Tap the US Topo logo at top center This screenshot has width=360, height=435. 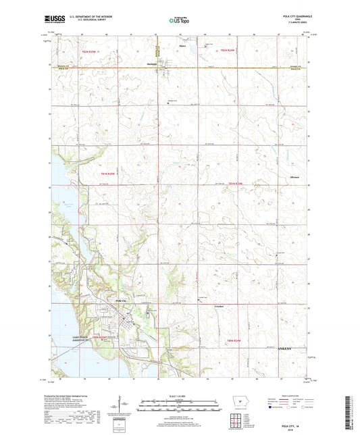177,20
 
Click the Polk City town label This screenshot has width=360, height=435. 121,300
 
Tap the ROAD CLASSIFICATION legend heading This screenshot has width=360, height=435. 297,394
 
